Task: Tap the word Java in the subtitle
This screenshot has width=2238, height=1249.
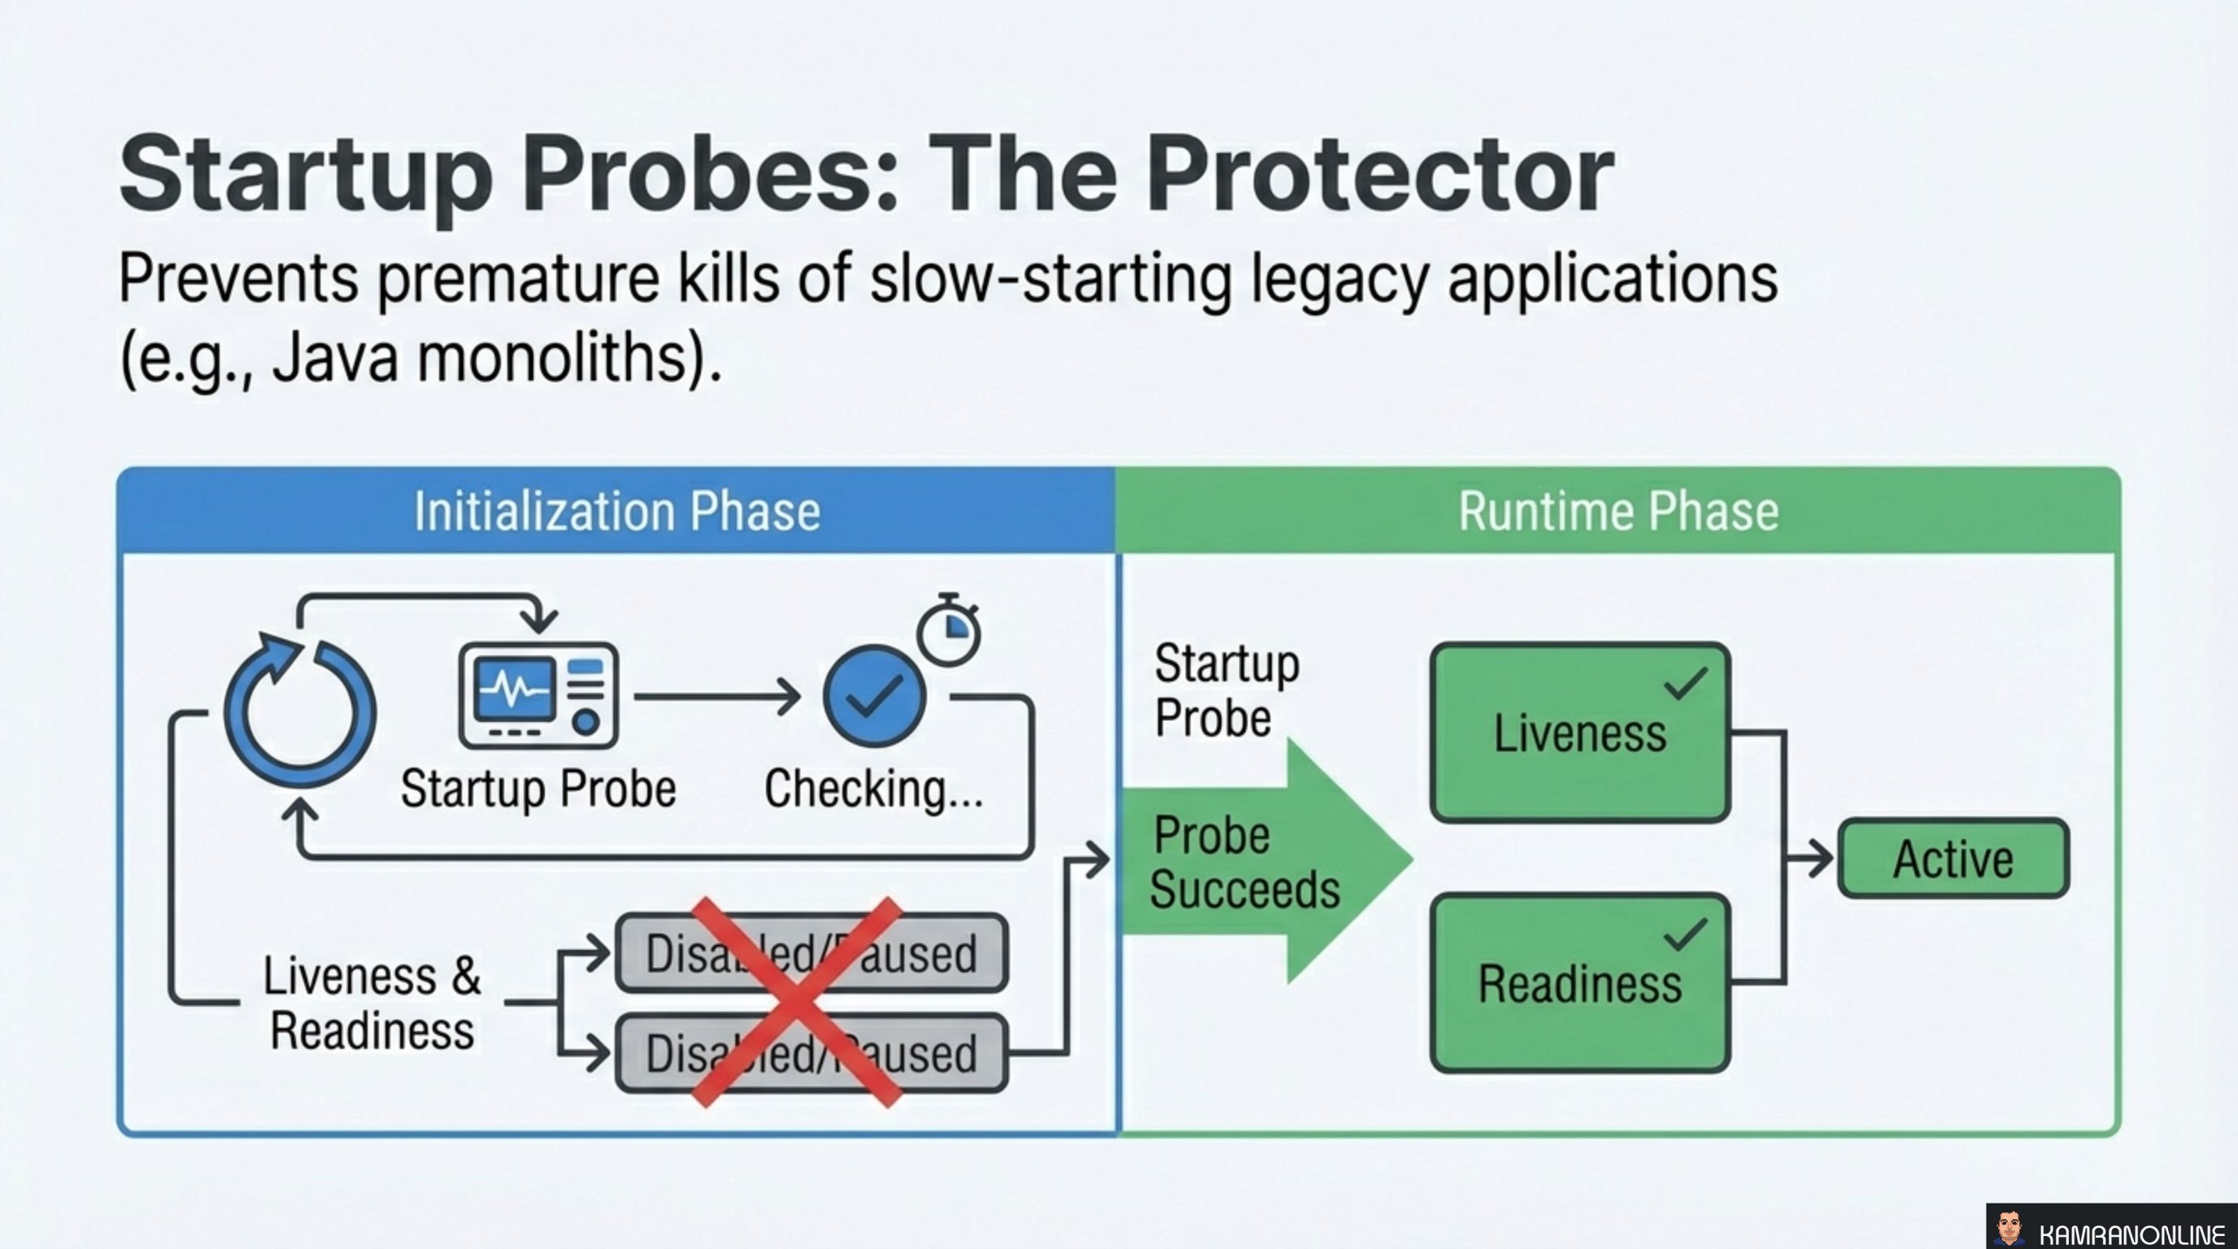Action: [335, 359]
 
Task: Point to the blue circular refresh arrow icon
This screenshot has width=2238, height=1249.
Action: [300, 712]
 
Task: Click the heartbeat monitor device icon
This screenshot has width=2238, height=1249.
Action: [538, 695]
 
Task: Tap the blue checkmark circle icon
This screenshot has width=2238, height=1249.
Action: [874, 696]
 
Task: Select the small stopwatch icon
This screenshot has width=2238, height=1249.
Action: [949, 632]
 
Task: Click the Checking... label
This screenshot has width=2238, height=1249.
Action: [873, 789]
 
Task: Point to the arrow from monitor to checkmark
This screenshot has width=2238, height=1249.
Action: [716, 697]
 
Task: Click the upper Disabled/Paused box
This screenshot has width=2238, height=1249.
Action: [812, 953]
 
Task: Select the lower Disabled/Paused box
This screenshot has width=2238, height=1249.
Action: [812, 1053]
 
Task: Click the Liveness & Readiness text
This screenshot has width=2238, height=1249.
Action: [372, 1003]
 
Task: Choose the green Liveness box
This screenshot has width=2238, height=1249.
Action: [1579, 732]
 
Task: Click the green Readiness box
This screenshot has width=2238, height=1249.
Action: [1579, 983]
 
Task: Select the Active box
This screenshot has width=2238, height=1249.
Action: [1953, 858]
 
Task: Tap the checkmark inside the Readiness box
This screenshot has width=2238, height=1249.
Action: [1686, 934]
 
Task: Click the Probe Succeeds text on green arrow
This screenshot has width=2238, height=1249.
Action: [1244, 862]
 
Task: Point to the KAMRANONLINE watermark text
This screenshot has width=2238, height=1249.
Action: [2131, 1234]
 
